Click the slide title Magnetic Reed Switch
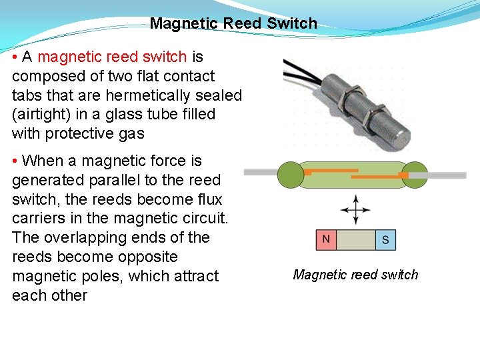[233, 23]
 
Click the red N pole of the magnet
[326, 240]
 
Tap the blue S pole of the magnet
[385, 240]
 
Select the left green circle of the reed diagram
[290, 174]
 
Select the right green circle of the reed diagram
[415, 174]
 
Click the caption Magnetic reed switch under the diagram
[355, 275]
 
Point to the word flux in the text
[209, 199]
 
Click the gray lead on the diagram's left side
[261, 172]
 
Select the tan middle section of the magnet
[355, 240]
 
